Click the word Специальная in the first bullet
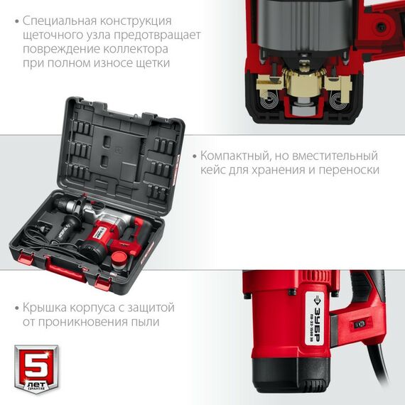[58, 21]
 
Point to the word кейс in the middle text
[213, 170]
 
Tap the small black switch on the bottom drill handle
[360, 323]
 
